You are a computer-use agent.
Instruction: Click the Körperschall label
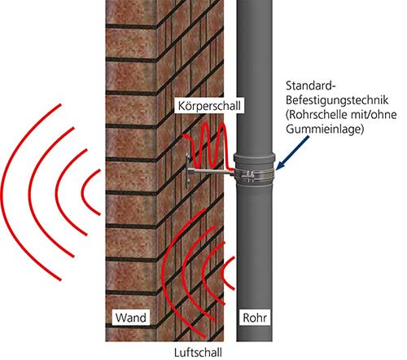[x=209, y=105]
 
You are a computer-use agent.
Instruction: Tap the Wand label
[x=131, y=318]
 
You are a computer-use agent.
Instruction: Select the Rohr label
[x=255, y=318]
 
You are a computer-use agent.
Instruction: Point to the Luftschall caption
[x=198, y=353]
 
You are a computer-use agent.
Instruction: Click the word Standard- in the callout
[x=311, y=86]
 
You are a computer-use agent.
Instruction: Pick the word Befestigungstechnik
[x=337, y=100]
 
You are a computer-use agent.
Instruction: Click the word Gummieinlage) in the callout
[x=325, y=129]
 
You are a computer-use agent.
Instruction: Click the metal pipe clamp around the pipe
[x=254, y=176]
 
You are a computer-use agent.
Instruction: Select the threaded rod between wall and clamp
[x=211, y=171]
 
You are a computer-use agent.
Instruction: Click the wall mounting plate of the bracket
[x=187, y=171]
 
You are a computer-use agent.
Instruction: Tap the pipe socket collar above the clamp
[x=255, y=160]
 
